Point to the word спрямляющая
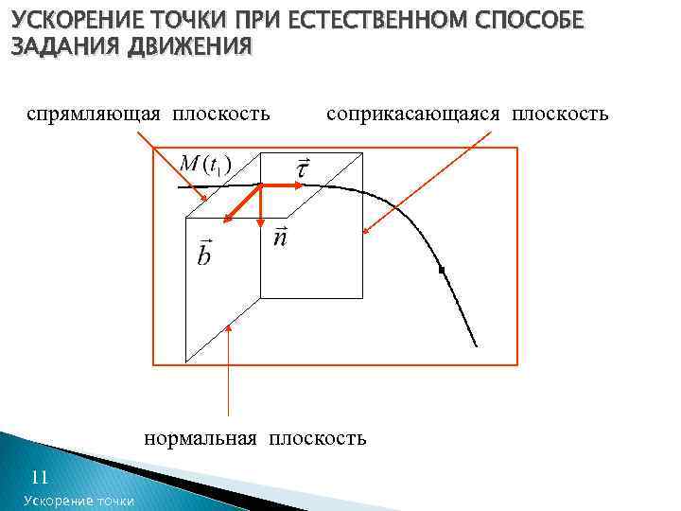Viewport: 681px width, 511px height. pos(94,115)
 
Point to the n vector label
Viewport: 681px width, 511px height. pos(280,236)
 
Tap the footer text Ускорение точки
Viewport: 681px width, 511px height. pos(79,501)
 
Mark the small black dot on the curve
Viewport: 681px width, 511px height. pos(441,271)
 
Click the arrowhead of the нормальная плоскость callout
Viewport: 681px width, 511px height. pos(229,326)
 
